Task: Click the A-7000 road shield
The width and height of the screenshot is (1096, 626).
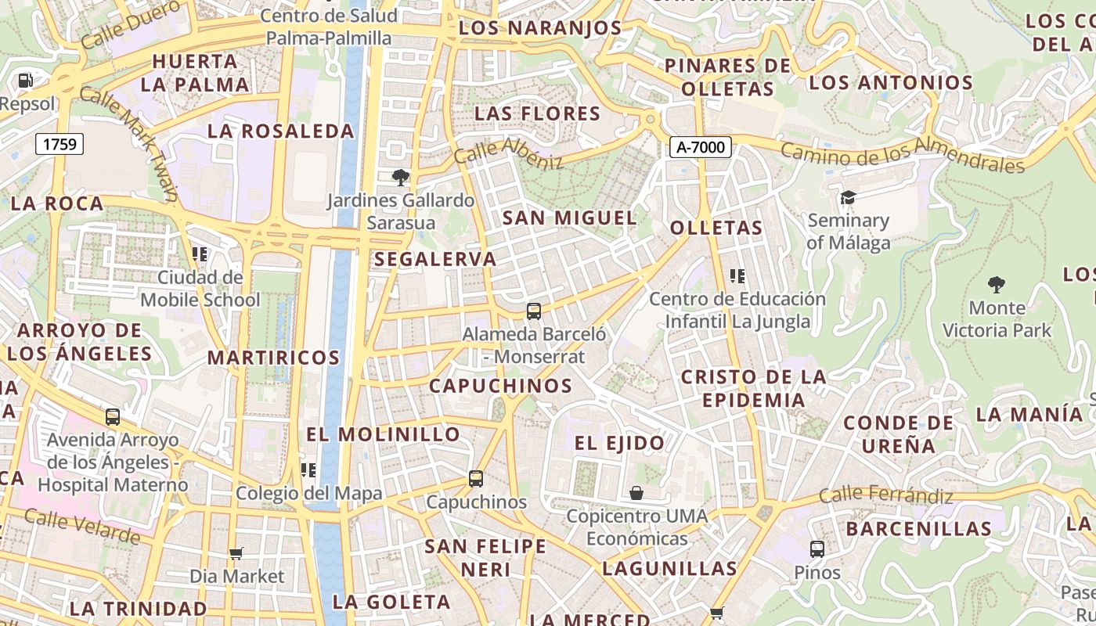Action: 700,146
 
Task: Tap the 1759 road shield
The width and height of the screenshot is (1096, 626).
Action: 59,143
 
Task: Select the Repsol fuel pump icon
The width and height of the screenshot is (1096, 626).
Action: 25,80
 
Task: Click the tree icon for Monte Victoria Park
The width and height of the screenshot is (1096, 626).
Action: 997,284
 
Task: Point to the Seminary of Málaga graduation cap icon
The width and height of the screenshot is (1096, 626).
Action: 848,197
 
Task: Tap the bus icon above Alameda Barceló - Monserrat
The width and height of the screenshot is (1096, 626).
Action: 534,311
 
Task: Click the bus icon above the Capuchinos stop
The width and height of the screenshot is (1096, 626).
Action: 476,478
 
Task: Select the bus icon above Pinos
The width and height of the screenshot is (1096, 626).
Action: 817,549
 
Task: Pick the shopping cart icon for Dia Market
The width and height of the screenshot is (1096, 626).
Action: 236,553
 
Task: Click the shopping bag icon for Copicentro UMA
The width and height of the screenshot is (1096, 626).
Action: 636,493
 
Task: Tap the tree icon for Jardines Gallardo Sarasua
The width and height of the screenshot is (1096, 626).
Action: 401,178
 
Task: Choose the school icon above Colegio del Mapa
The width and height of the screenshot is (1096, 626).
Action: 308,469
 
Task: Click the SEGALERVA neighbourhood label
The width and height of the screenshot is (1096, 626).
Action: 435,259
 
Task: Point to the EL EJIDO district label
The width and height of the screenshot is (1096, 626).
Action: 619,444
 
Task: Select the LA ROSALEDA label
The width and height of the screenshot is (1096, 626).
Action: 281,131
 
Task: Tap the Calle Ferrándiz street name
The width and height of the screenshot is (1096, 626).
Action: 886,495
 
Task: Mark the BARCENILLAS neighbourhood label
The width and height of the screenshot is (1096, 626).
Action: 918,528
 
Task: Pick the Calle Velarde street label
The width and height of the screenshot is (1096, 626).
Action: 82,525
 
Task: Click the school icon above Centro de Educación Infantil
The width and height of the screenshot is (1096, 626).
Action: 737,275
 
